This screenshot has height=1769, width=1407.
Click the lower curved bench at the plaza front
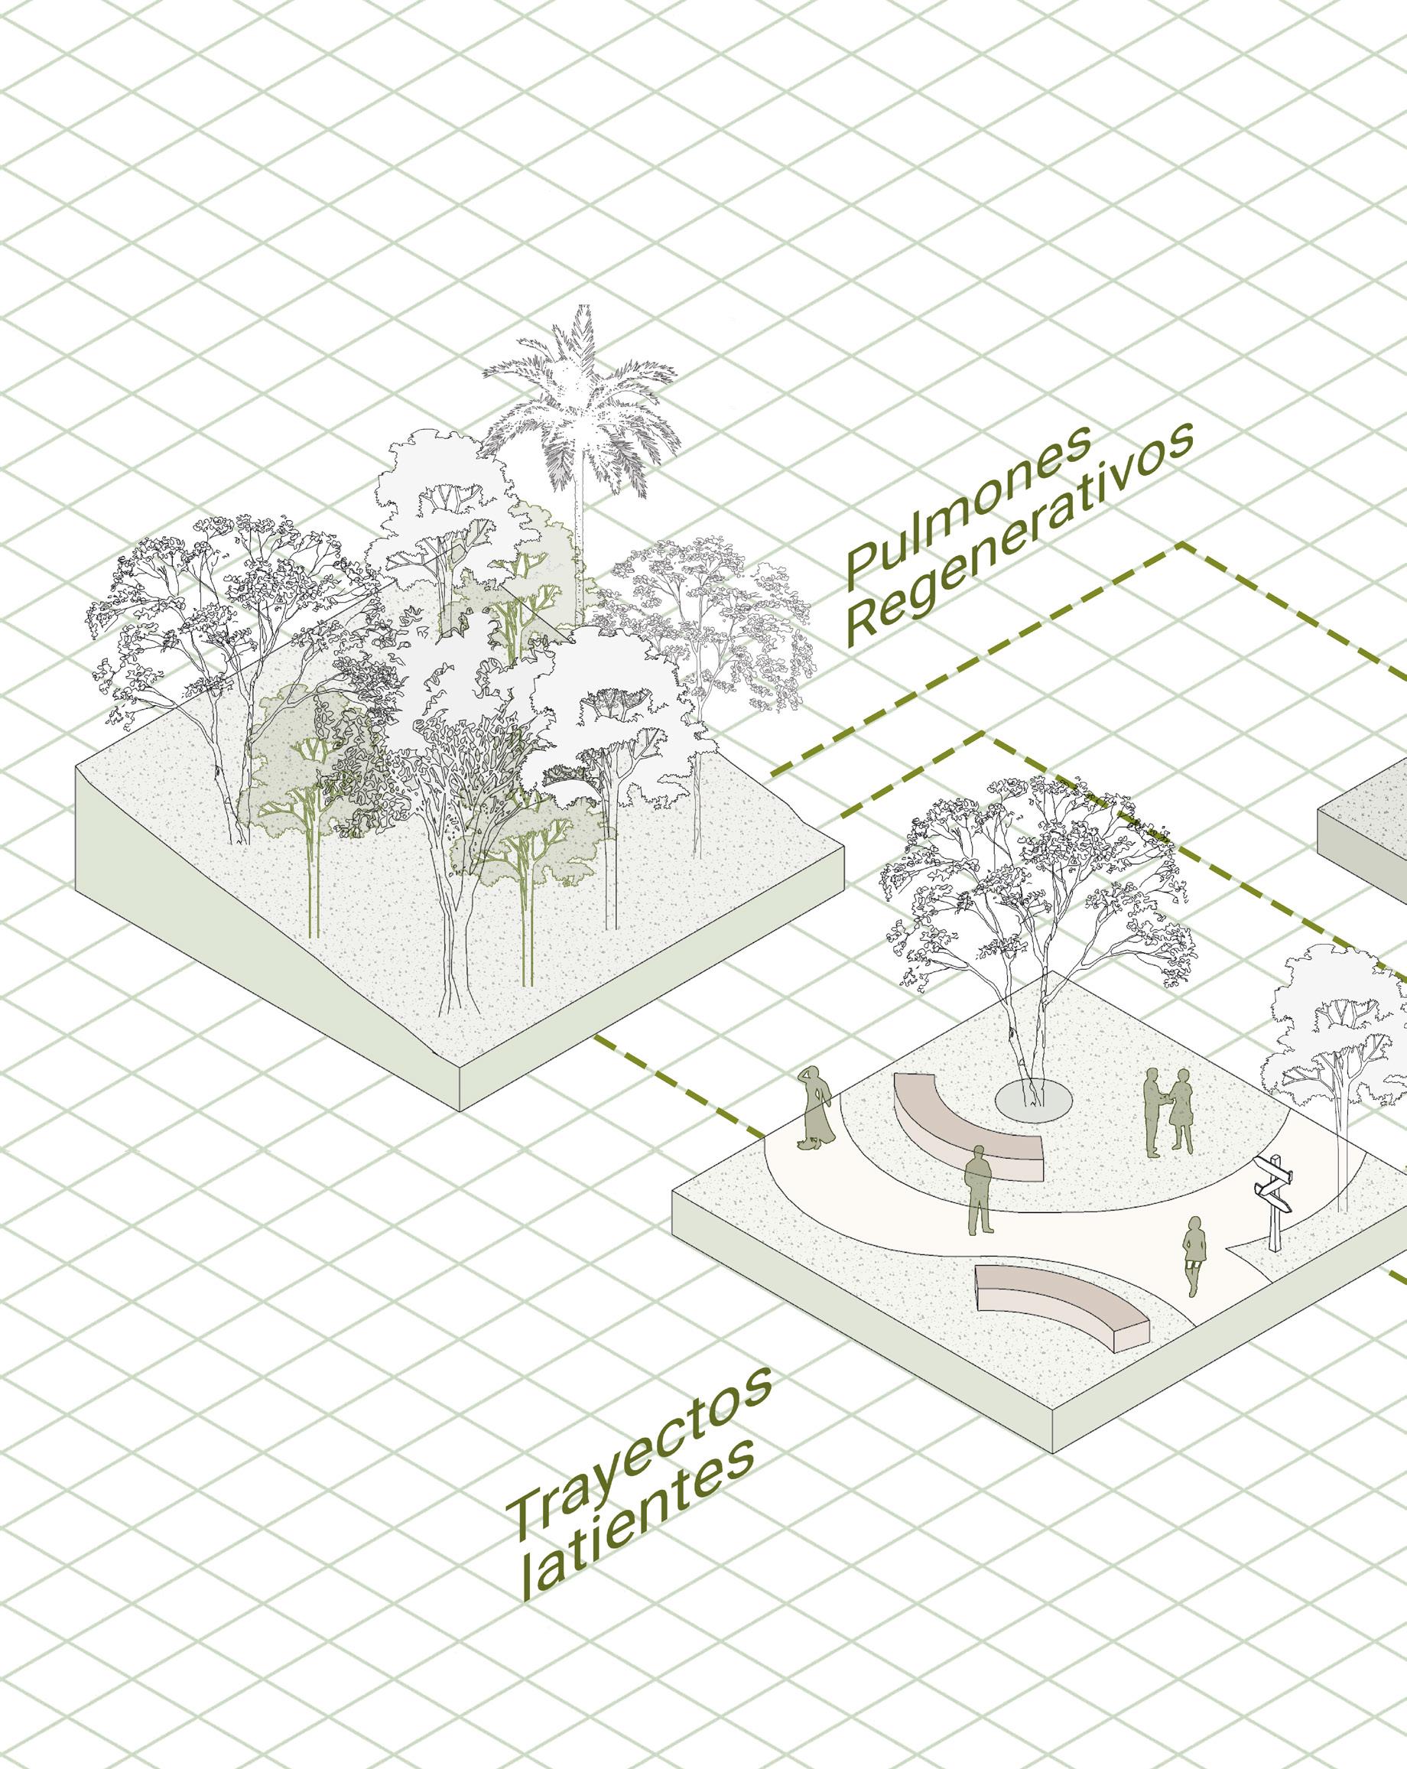(1058, 1306)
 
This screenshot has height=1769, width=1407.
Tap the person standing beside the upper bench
(978, 1190)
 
